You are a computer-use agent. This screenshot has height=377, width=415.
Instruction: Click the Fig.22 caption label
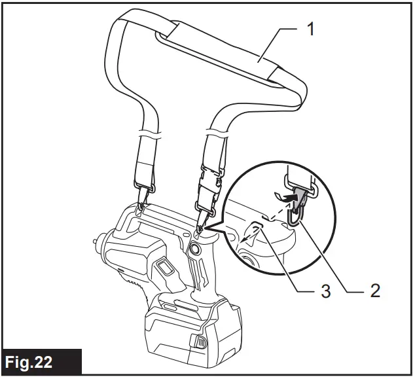pyautogui.click(x=41, y=361)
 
